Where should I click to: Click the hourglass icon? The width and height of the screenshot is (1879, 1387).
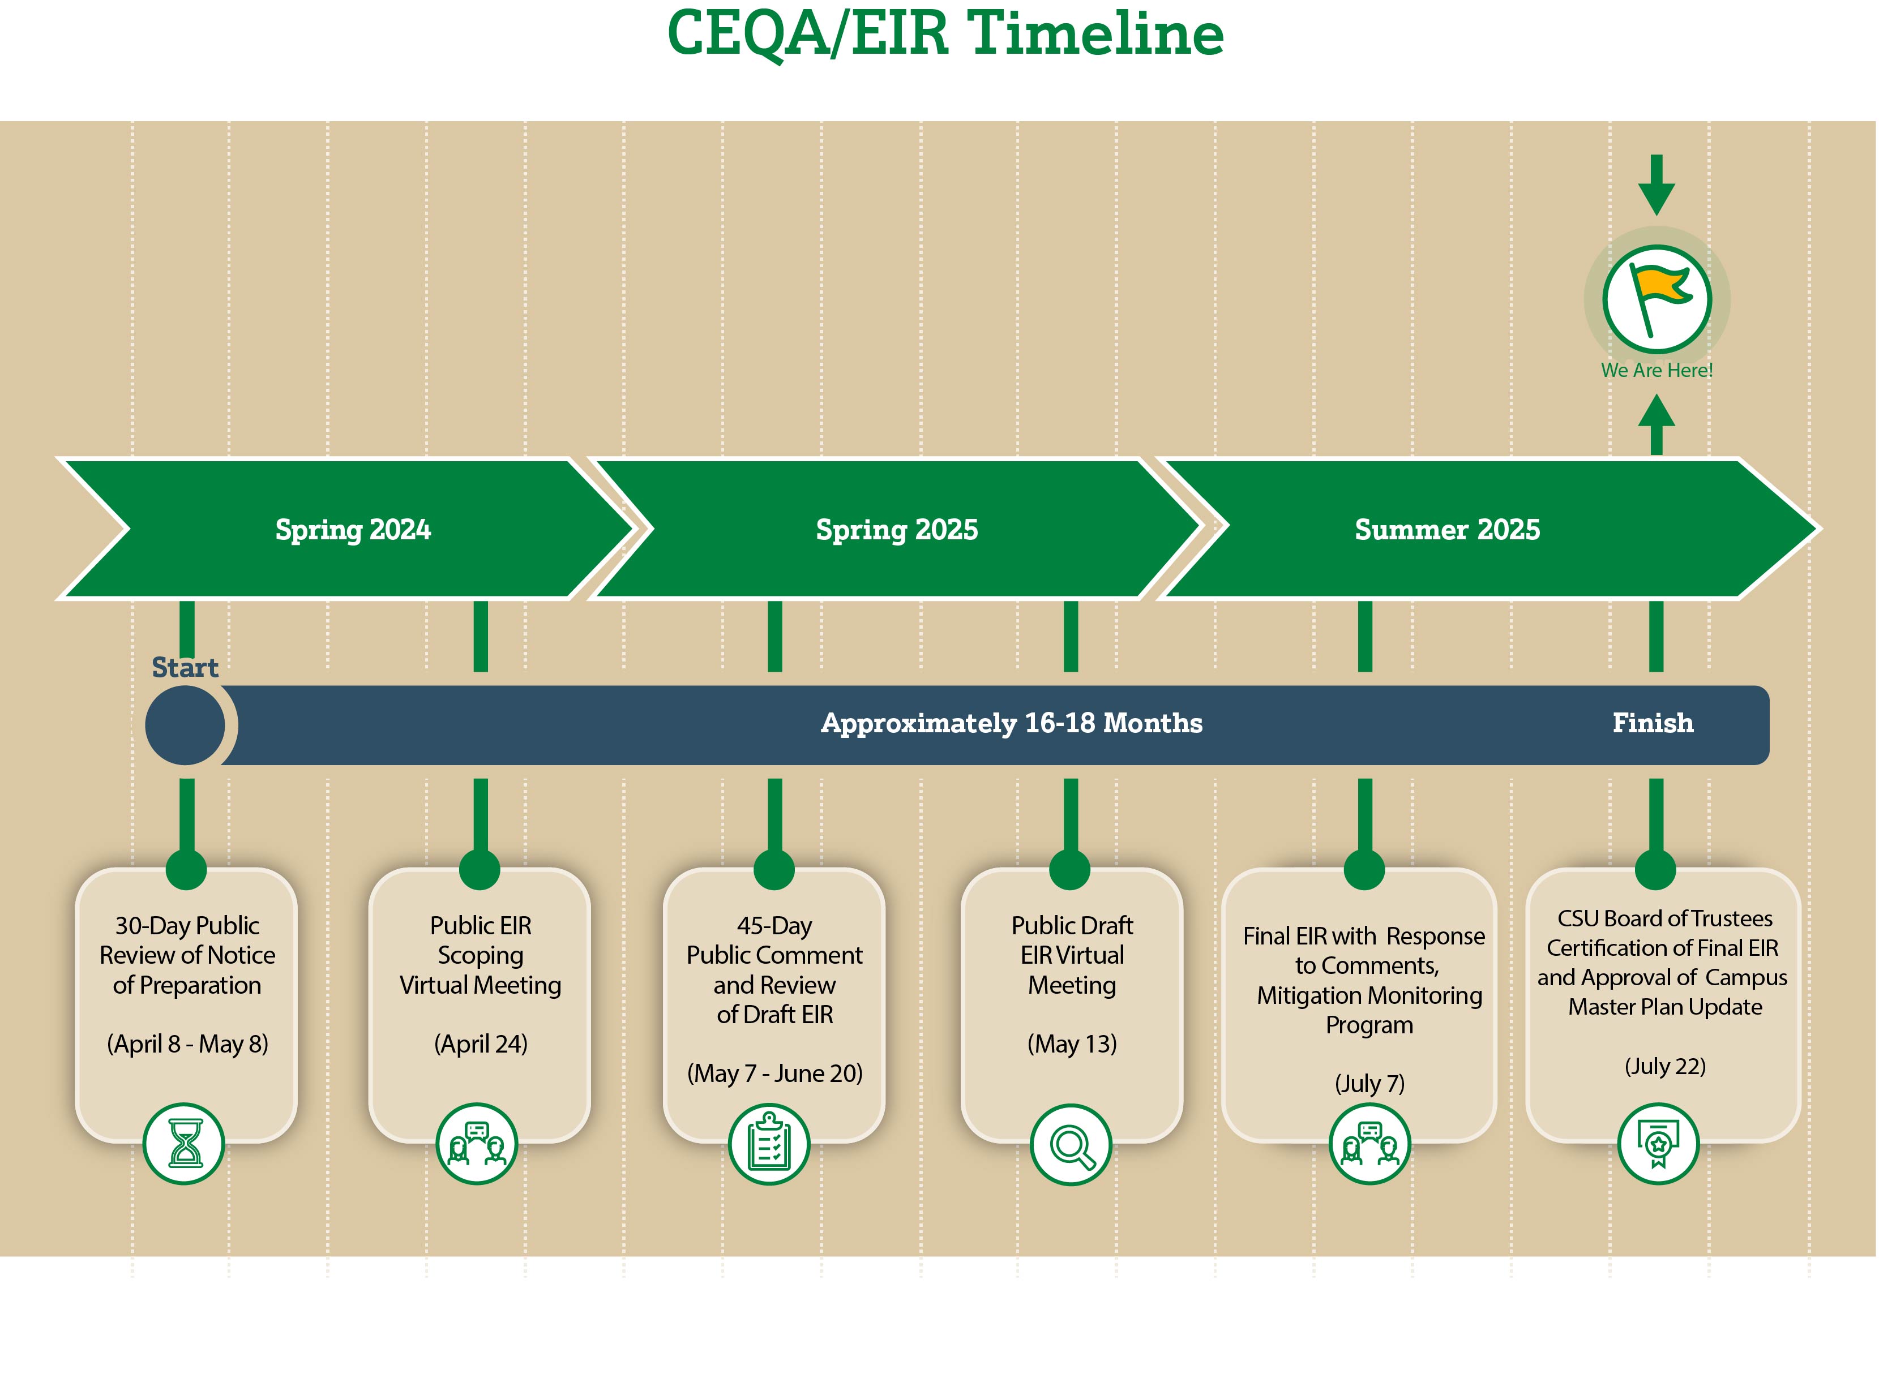point(184,1144)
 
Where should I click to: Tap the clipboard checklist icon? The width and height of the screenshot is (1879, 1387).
point(769,1144)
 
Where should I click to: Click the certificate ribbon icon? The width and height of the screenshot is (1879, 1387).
point(1658,1144)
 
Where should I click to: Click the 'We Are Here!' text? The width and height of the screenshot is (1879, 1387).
point(1657,370)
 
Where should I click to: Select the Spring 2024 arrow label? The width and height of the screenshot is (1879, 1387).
point(353,530)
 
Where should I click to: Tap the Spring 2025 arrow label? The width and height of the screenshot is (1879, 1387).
point(897,530)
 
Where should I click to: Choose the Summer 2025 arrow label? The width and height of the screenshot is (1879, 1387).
point(1447,530)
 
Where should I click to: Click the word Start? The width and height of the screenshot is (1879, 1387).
point(185,668)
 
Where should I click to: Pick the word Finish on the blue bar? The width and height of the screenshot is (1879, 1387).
point(1652,723)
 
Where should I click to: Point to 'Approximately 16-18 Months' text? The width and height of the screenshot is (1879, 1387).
point(1011,723)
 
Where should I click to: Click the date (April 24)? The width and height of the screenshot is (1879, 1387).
point(481,1044)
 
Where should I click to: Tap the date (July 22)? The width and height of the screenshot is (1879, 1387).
point(1665,1066)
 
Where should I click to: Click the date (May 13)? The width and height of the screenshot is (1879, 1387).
point(1072,1044)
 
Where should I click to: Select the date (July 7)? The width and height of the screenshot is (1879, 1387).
point(1369,1084)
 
